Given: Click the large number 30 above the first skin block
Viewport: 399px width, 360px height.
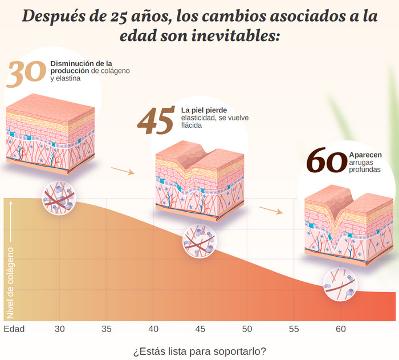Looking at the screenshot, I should click(x=26, y=73).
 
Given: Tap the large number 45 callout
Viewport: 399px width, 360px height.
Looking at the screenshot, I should click(x=156, y=120).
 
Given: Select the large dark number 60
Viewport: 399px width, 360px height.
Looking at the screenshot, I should click(x=326, y=161).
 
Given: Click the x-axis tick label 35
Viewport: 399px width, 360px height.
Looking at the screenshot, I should click(x=107, y=329).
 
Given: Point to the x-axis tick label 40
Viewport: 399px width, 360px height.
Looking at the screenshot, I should click(x=153, y=329).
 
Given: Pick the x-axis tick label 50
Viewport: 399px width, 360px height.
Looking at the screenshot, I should click(x=247, y=329).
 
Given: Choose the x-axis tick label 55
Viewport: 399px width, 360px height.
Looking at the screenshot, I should click(x=294, y=329).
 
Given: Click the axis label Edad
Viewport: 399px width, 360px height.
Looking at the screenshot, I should click(x=14, y=329).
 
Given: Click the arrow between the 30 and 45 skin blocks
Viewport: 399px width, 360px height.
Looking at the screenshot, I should click(x=123, y=170).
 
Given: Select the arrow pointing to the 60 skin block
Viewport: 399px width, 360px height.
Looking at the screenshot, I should click(x=271, y=210).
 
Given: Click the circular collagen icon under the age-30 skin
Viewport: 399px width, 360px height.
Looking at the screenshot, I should click(x=59, y=198).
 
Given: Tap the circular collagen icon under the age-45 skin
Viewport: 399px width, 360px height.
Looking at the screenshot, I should click(x=199, y=241).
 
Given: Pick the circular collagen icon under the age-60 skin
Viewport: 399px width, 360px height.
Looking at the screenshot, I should click(x=340, y=284).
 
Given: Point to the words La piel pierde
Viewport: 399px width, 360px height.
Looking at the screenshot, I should click(x=204, y=110).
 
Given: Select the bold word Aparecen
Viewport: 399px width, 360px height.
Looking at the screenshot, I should click(x=365, y=155).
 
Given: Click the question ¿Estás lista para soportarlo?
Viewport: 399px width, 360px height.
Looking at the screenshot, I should click(x=199, y=351).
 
